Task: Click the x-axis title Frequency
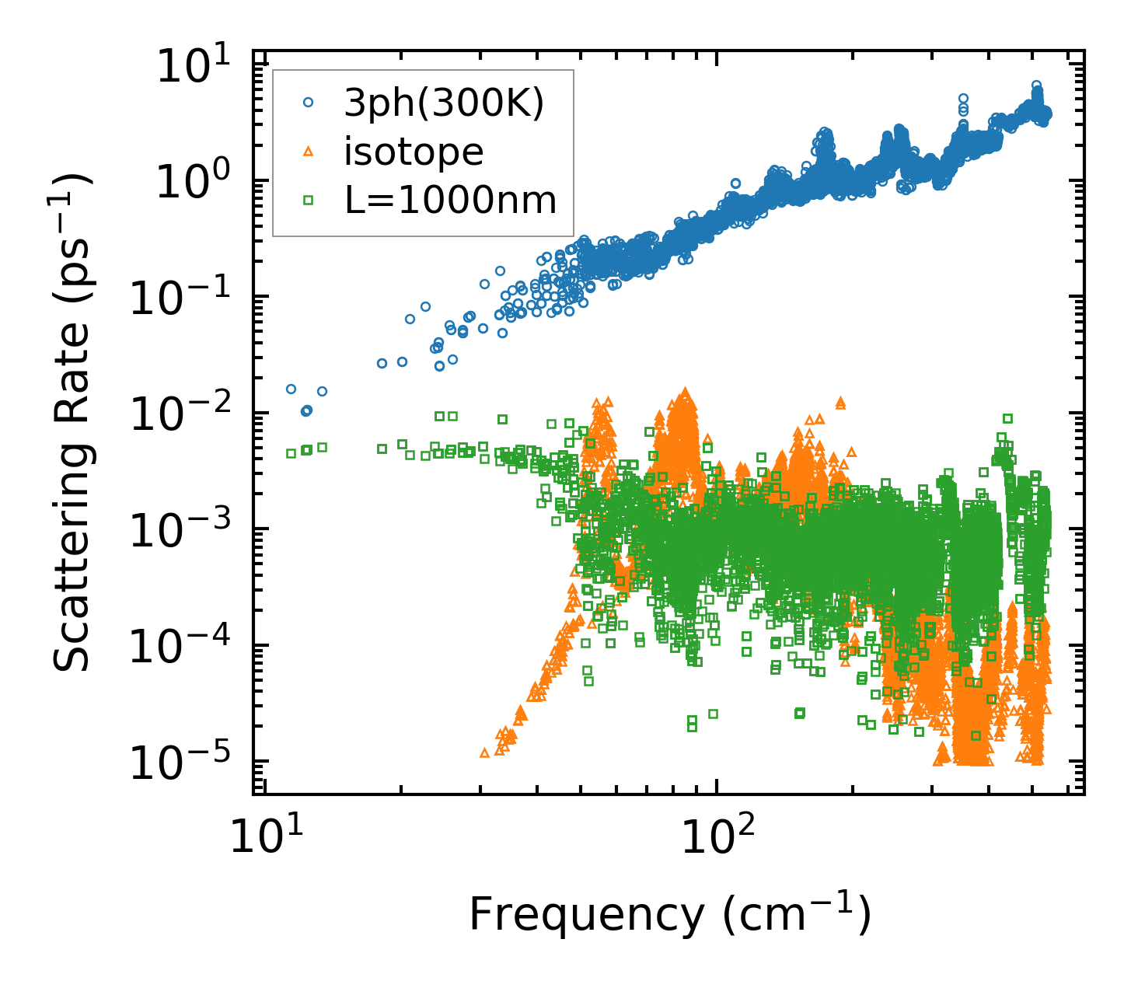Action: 668,915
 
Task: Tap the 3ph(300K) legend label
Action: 444,104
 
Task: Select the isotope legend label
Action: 414,152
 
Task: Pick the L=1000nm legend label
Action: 450,201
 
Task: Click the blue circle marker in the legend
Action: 309,103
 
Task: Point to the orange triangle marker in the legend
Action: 309,152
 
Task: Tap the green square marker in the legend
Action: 309,200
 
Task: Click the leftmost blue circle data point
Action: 291,389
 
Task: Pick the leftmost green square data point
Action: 291,453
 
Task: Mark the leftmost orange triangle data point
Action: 484,752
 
